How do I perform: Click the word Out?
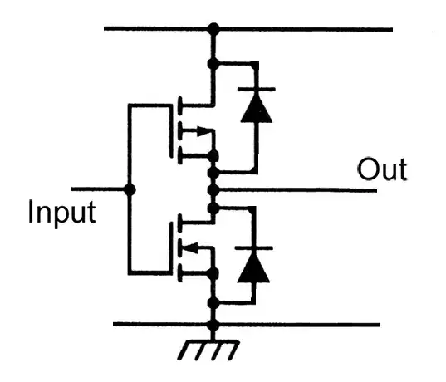coord(382,170)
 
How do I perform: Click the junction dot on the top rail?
coord(213,30)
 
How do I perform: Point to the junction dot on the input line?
coord(129,189)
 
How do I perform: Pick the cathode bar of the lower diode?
coord(253,247)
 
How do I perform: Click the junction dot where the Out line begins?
coord(213,190)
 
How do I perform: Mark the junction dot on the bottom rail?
coord(213,324)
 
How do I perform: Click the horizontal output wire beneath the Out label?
coord(316,190)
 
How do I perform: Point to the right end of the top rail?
coord(390,30)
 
